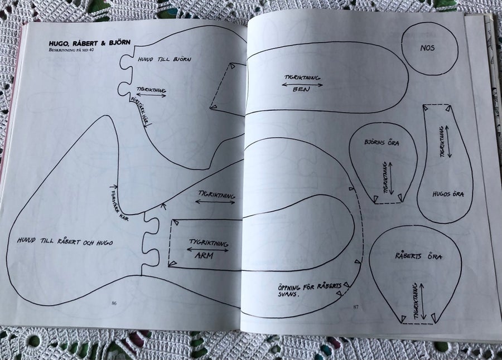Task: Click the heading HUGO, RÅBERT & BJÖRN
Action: pyautogui.click(x=89, y=43)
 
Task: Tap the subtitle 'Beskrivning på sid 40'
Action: pyautogui.click(x=73, y=50)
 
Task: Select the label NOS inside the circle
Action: pyautogui.click(x=427, y=48)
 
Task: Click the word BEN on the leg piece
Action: pyautogui.click(x=301, y=89)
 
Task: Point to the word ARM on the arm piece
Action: pyautogui.click(x=204, y=256)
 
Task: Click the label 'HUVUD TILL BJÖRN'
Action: pyautogui.click(x=165, y=59)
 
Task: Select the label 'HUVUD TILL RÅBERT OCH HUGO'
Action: pyautogui.click(x=65, y=241)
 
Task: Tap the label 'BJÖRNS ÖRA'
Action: pyautogui.click(x=382, y=142)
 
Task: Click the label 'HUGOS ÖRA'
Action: pyautogui.click(x=448, y=194)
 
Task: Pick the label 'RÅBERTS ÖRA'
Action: pyautogui.click(x=418, y=256)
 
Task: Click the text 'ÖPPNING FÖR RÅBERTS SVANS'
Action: pyautogui.click(x=310, y=289)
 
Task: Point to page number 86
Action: pyautogui.click(x=114, y=303)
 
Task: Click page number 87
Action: pyautogui.click(x=356, y=307)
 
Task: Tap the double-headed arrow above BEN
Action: pyautogui.click(x=302, y=85)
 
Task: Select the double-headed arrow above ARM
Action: pyautogui.click(x=207, y=250)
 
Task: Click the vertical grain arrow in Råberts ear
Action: pyautogui.click(x=423, y=301)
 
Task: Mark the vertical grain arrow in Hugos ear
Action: pyautogui.click(x=448, y=141)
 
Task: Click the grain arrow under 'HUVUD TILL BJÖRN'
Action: pyautogui.click(x=151, y=95)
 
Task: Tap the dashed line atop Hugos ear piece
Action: pyautogui.click(x=437, y=105)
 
